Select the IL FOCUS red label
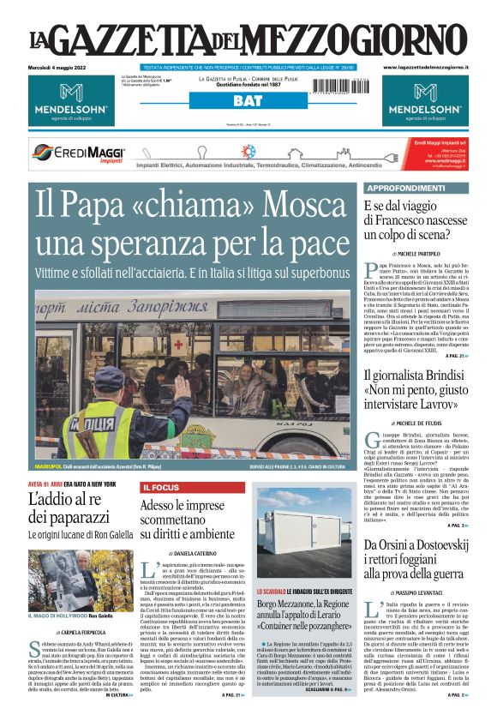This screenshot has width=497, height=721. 160,487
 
